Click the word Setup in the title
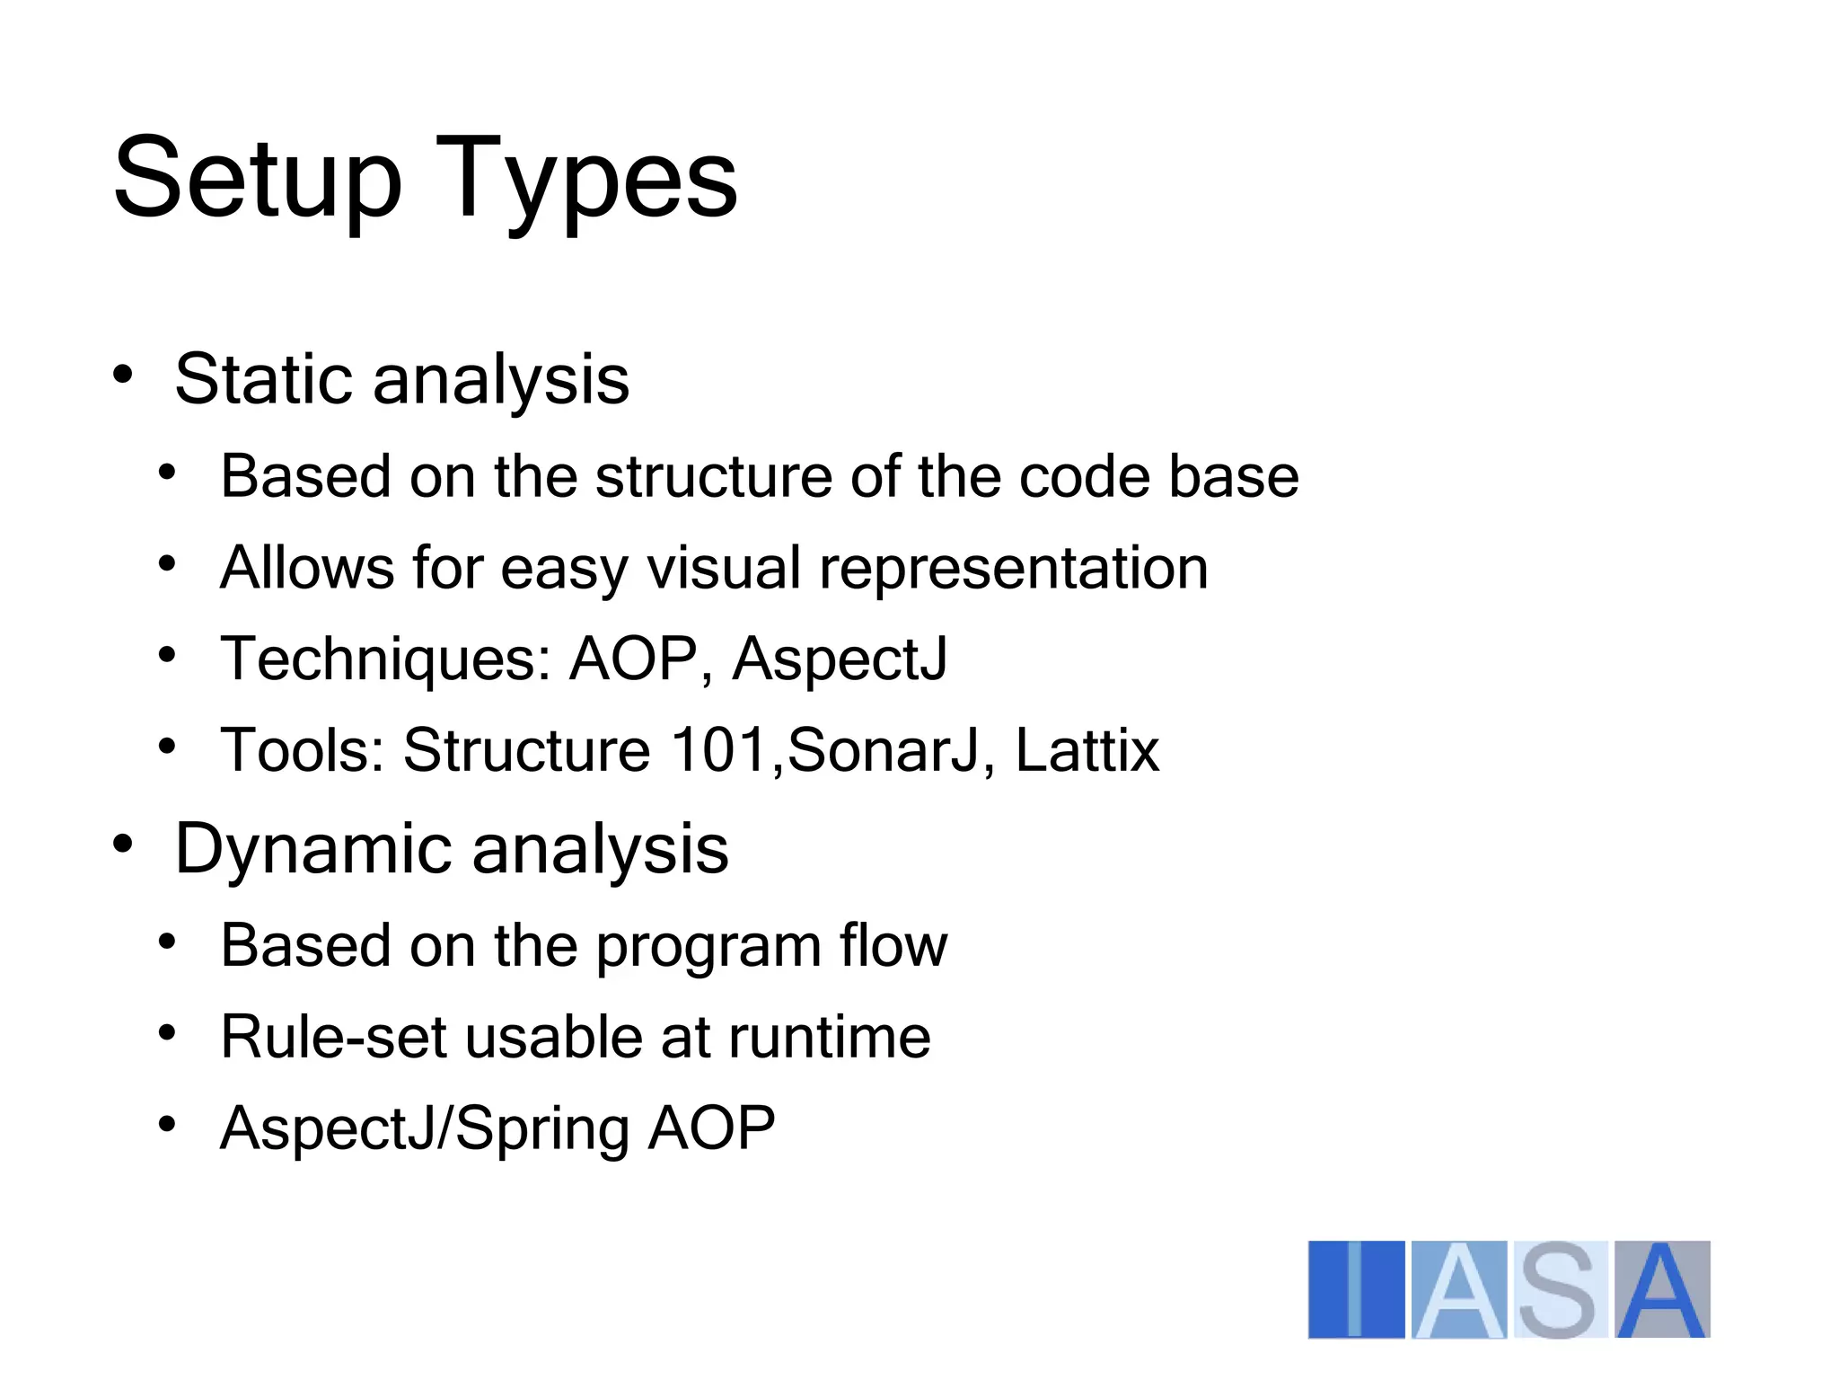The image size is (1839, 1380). (257, 177)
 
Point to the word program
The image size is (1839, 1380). (709, 948)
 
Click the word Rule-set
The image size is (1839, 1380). (333, 1037)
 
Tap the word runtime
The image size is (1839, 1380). (829, 1037)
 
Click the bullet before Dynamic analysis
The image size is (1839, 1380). (123, 845)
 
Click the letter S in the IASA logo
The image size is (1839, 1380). (1559, 1289)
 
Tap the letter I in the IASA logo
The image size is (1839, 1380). (1355, 1289)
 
